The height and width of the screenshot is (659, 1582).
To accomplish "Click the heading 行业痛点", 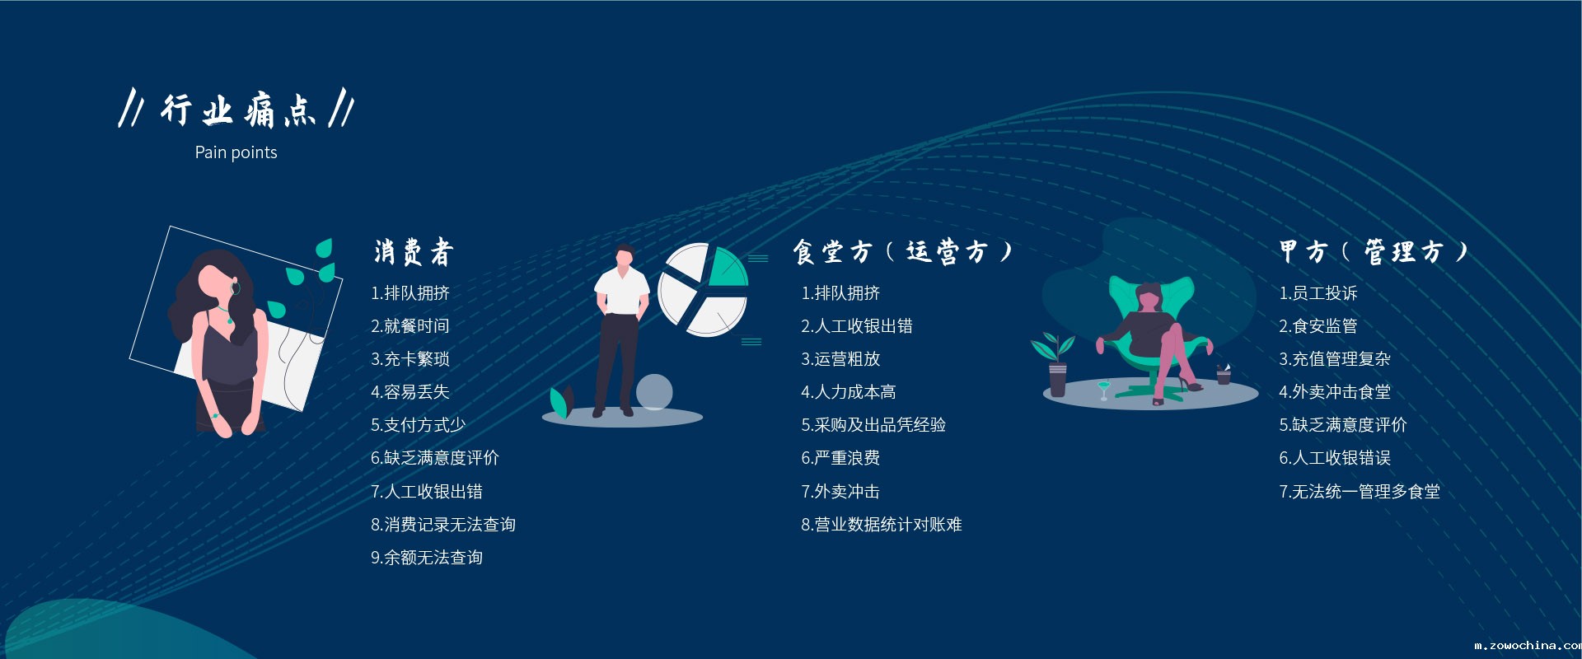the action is pyautogui.click(x=237, y=110).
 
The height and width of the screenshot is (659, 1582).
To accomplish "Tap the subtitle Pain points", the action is pyautogui.click(x=236, y=152).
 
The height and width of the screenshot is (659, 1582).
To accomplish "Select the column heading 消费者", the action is pyautogui.click(x=414, y=252).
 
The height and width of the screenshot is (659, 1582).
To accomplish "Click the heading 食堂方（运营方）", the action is pyautogui.click(x=902, y=251).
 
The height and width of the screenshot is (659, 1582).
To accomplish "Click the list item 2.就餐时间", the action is pyautogui.click(x=410, y=326).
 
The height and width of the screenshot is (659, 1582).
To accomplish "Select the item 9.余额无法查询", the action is pyautogui.click(x=426, y=558).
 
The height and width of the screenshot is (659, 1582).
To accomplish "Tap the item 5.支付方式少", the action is pyautogui.click(x=418, y=425).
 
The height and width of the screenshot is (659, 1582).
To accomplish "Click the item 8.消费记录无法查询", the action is pyautogui.click(x=442, y=525).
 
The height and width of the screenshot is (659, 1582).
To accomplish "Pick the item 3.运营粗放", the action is pyautogui.click(x=840, y=359).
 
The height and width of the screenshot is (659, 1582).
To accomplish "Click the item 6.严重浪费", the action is pyautogui.click(x=840, y=458).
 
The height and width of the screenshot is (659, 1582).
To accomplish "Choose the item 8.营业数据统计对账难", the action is pyautogui.click(x=881, y=525).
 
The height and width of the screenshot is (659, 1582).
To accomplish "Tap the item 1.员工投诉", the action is pyautogui.click(x=1318, y=293).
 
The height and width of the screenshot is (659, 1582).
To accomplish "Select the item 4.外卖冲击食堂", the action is pyautogui.click(x=1334, y=392).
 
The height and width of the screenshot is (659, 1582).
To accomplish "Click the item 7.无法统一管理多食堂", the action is pyautogui.click(x=1359, y=492).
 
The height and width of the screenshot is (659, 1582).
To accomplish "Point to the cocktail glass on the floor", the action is pyautogui.click(x=1104, y=390).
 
